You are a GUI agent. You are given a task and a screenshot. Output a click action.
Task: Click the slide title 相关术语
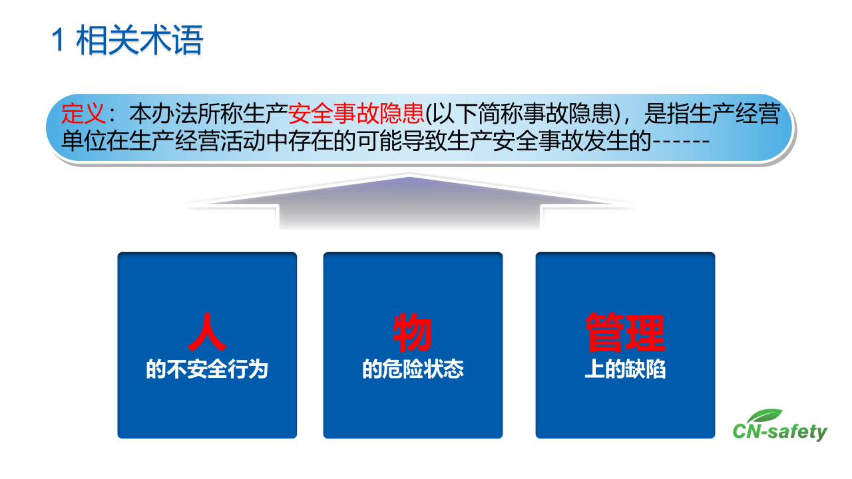(x=140, y=41)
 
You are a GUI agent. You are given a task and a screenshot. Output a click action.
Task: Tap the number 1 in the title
(x=59, y=42)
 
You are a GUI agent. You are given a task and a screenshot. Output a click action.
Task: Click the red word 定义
(x=84, y=115)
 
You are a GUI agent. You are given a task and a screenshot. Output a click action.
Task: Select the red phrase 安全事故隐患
(x=356, y=115)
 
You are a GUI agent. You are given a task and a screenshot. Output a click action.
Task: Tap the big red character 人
(x=207, y=333)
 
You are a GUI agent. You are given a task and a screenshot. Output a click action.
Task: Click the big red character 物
(x=413, y=333)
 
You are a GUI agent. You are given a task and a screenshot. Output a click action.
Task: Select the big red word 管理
(x=625, y=333)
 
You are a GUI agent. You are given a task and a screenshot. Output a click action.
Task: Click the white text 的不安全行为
(x=207, y=370)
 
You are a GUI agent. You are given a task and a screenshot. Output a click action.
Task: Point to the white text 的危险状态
(x=413, y=370)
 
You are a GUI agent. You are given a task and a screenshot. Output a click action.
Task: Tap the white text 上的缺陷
(x=625, y=370)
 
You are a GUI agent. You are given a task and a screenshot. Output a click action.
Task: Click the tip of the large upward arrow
(x=409, y=178)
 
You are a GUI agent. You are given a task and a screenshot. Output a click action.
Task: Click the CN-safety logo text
(x=779, y=432)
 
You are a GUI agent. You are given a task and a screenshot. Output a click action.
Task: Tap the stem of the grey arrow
(x=409, y=216)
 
